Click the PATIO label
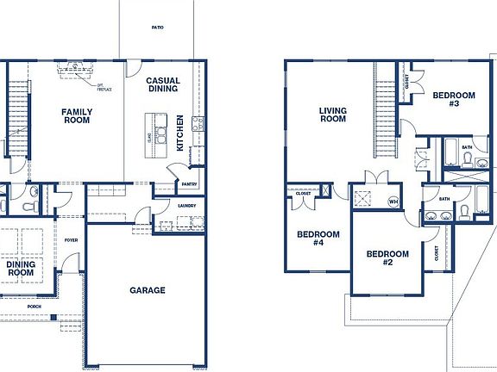(x=157, y=28)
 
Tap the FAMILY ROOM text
(x=76, y=115)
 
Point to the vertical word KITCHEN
(x=180, y=133)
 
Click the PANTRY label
(x=190, y=184)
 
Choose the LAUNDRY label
(x=186, y=206)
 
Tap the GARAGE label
(x=148, y=290)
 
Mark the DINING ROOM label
(x=19, y=268)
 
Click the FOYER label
(x=72, y=241)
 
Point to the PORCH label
(x=35, y=306)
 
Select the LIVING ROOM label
(x=332, y=114)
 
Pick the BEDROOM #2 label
(x=387, y=258)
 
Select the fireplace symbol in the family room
(x=74, y=67)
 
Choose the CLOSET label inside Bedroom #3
(x=407, y=84)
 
